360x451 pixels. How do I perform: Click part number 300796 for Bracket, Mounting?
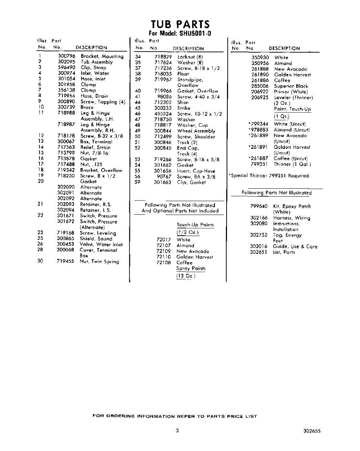tap(67, 56)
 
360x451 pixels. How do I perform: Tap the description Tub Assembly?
tap(97, 62)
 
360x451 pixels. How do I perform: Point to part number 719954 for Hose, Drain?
tap(67, 96)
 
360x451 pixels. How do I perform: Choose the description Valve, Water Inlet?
tap(101, 244)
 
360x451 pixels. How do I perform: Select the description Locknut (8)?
tap(190, 57)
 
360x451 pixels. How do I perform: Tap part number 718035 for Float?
tap(162, 74)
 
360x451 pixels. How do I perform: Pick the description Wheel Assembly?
tap(196, 131)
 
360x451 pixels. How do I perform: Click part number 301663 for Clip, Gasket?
tap(162, 182)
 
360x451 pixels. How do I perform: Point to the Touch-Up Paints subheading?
tap(195, 225)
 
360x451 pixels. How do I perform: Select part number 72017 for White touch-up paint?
tap(163, 240)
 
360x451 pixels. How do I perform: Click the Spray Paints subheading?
tap(191, 269)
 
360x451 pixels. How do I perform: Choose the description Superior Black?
tap(291, 86)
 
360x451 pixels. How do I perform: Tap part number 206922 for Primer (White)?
tap(260, 92)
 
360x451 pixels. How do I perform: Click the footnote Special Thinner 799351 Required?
tap(269, 176)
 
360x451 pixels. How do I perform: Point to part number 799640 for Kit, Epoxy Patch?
tap(259, 206)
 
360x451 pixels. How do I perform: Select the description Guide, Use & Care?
tap(295, 247)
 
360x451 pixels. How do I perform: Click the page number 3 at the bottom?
tap(177, 431)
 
